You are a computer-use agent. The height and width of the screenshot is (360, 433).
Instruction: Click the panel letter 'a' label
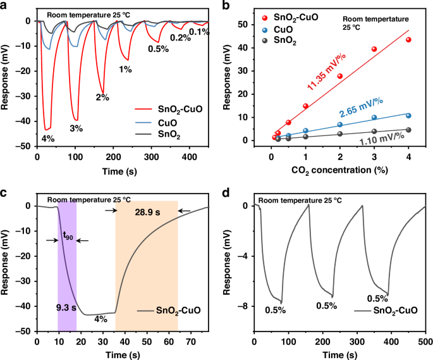click(4, 6)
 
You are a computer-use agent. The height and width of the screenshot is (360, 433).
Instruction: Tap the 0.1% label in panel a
click(199, 32)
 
